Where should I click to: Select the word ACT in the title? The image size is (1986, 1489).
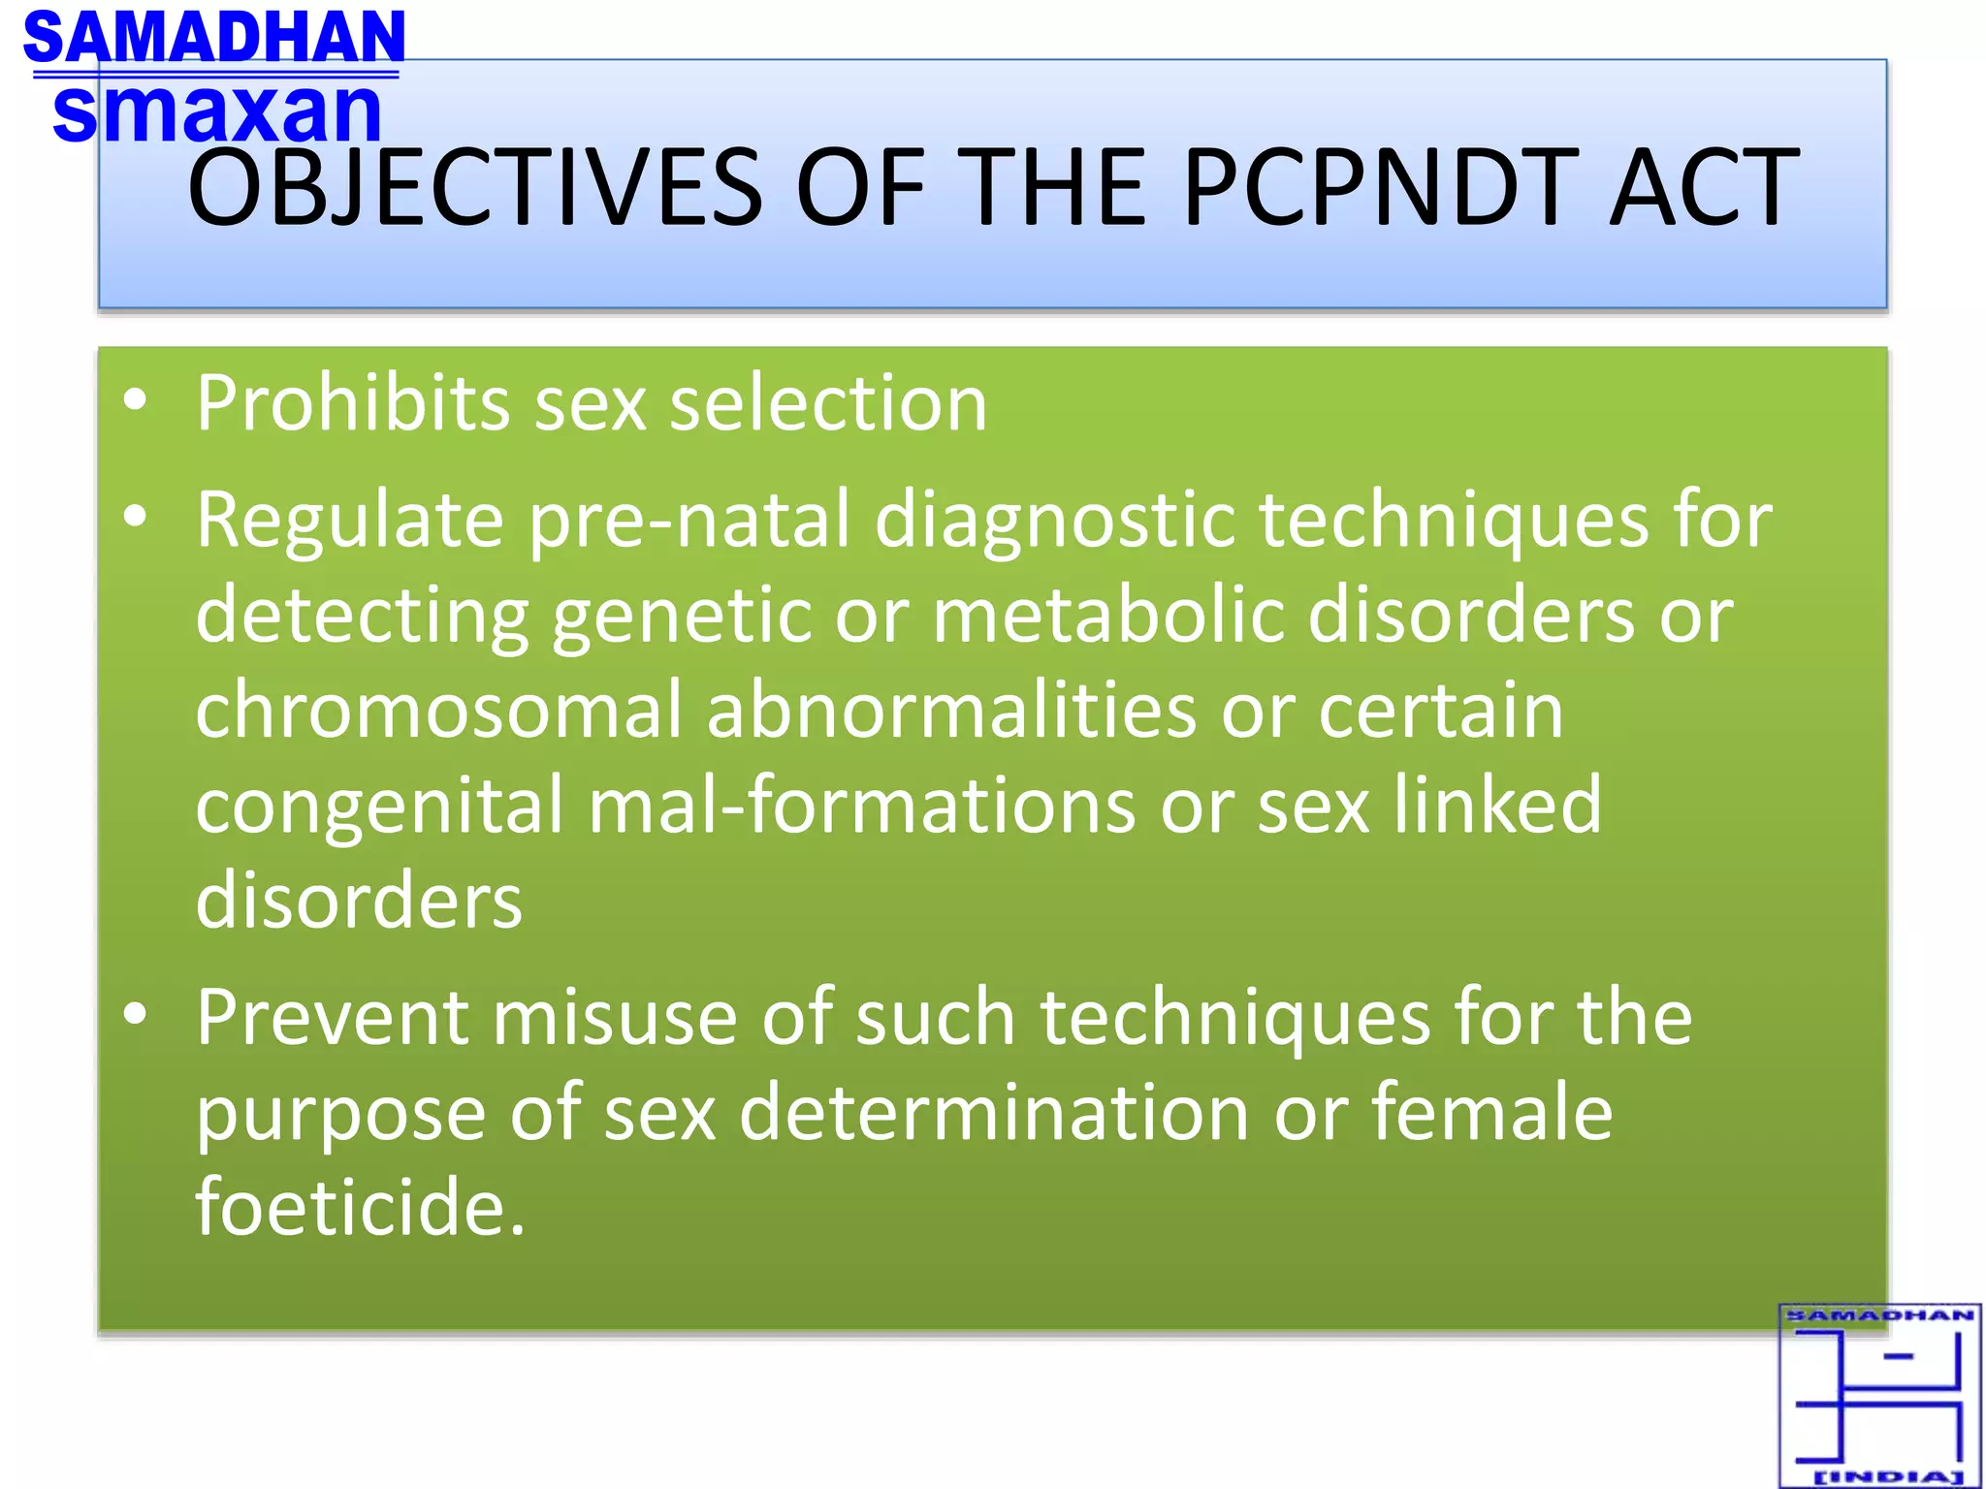coord(1704,186)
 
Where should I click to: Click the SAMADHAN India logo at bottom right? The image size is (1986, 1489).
coord(1879,1395)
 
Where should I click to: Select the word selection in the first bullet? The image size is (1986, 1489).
coord(828,402)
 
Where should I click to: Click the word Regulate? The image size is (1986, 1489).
coord(350,521)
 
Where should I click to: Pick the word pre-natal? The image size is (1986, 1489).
coord(689,521)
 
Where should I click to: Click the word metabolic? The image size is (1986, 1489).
coord(1108,616)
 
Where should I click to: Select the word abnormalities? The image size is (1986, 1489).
coord(951,711)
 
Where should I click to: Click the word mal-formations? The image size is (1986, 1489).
coord(862,805)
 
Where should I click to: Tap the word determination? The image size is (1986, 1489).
coord(994,1113)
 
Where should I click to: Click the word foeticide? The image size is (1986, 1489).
coord(360,1207)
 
